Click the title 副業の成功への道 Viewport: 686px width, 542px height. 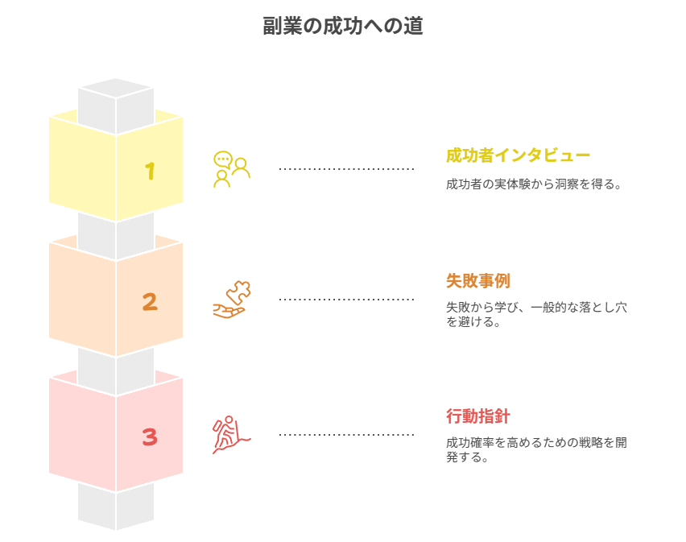pyautogui.click(x=343, y=26)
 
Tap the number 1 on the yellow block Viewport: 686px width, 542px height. pyautogui.click(x=150, y=171)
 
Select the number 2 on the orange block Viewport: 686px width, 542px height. pyautogui.click(x=150, y=302)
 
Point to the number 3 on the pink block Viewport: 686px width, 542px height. pyautogui.click(x=150, y=436)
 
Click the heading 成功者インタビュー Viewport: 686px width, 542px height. pyautogui.click(x=518, y=155)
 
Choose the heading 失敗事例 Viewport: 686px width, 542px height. pyautogui.click(x=477, y=281)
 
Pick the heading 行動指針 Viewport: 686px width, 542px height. pyautogui.click(x=477, y=416)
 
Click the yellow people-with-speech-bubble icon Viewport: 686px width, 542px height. pyautogui.click(x=231, y=169)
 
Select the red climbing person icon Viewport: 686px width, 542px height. pyautogui.click(x=230, y=435)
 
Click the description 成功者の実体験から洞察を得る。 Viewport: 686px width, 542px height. pyautogui.click(x=535, y=184)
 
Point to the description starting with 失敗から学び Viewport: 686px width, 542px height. pyautogui.click(x=536, y=314)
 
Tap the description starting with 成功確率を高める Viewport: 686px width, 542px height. pyautogui.click(x=536, y=449)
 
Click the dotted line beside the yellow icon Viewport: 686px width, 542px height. pyautogui.click(x=346, y=169)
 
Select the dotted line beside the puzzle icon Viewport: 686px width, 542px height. pyautogui.click(x=346, y=300)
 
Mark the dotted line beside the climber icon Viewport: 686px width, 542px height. pyautogui.click(x=346, y=435)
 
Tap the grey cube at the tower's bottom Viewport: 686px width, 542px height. pyautogui.click(x=116, y=507)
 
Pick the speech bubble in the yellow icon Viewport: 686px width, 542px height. pyautogui.click(x=222, y=159)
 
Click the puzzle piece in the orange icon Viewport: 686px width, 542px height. pyautogui.click(x=240, y=292)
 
